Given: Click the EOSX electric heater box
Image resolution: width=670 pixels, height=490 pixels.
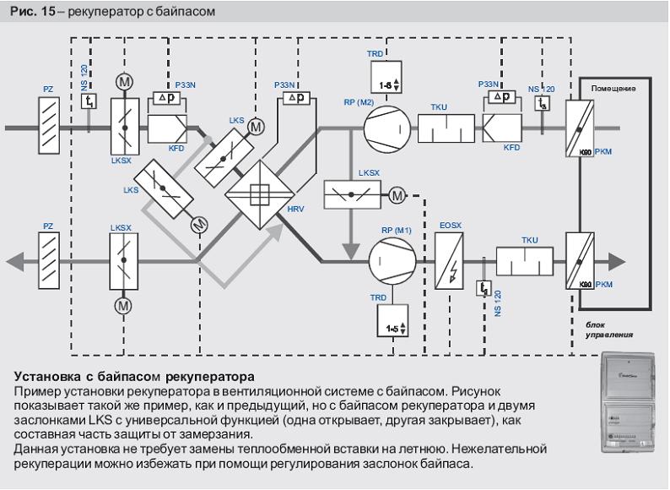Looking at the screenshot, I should coord(448,261).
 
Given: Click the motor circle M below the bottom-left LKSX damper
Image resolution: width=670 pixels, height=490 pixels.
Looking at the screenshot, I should coord(124,304).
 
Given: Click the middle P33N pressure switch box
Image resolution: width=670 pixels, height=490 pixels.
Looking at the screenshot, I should coord(294,98).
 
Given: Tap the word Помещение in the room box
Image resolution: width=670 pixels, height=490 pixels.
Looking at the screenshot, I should coord(613,88).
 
